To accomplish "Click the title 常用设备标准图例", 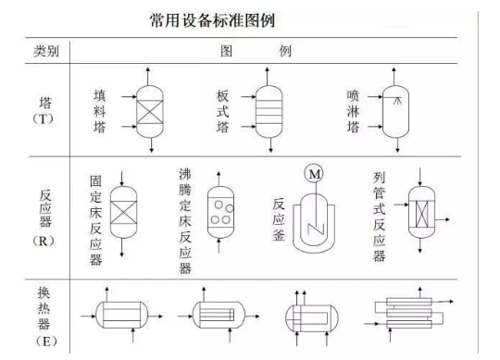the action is point(212,20).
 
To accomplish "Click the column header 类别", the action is point(46,51).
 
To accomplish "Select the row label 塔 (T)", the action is point(44,110).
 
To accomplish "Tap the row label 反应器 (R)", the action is point(44,217).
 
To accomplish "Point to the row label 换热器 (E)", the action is point(44,317).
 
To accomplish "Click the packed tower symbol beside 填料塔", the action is point(150,111).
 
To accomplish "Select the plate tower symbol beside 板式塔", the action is point(269,111).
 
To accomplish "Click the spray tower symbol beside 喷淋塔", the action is point(395,111).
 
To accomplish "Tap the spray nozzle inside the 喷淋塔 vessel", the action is point(397,101).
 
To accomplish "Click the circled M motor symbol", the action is point(314,174).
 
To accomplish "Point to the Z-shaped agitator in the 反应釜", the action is point(316,229).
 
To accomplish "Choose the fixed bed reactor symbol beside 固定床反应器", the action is point(123,213).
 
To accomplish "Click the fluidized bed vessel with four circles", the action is point(220,212).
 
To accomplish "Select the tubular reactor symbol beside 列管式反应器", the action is point(421,212).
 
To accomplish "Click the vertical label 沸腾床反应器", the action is point(185,221).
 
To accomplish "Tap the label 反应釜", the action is point(279,219).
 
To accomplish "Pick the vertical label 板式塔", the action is point(222,111).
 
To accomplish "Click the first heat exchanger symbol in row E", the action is point(122,315).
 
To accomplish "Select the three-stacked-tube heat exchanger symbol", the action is point(409,313).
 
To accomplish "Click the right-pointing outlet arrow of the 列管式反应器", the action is point(443,219).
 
